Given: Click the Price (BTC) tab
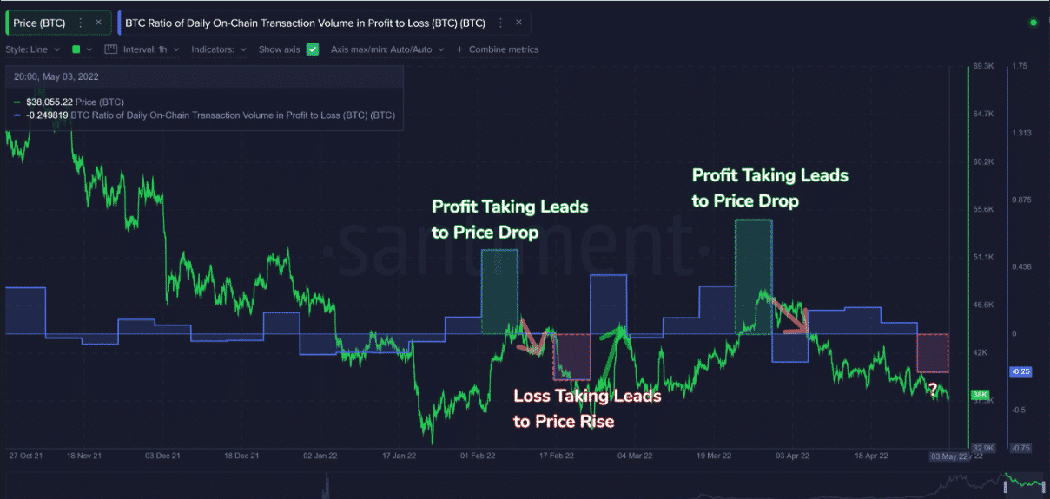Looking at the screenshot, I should [x=40, y=23].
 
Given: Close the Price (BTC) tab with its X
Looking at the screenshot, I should [x=98, y=23].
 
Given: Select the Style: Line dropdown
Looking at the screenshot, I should [x=33, y=49].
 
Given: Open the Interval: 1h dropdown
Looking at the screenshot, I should [x=143, y=49].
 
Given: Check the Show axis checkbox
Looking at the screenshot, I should [x=313, y=49].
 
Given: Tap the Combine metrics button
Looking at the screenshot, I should [x=498, y=49].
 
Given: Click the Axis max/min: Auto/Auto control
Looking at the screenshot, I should [x=387, y=49].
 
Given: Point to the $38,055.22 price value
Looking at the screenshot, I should [x=50, y=102].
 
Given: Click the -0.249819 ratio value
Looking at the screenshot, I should [x=47, y=115].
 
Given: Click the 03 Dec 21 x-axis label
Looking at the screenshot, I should [x=163, y=455].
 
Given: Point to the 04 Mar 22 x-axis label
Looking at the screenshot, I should [x=635, y=455].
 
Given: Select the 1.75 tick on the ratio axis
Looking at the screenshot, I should [x=1021, y=66].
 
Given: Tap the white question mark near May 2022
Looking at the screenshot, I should [x=932, y=388].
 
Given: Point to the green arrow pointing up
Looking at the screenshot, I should [x=612, y=347].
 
